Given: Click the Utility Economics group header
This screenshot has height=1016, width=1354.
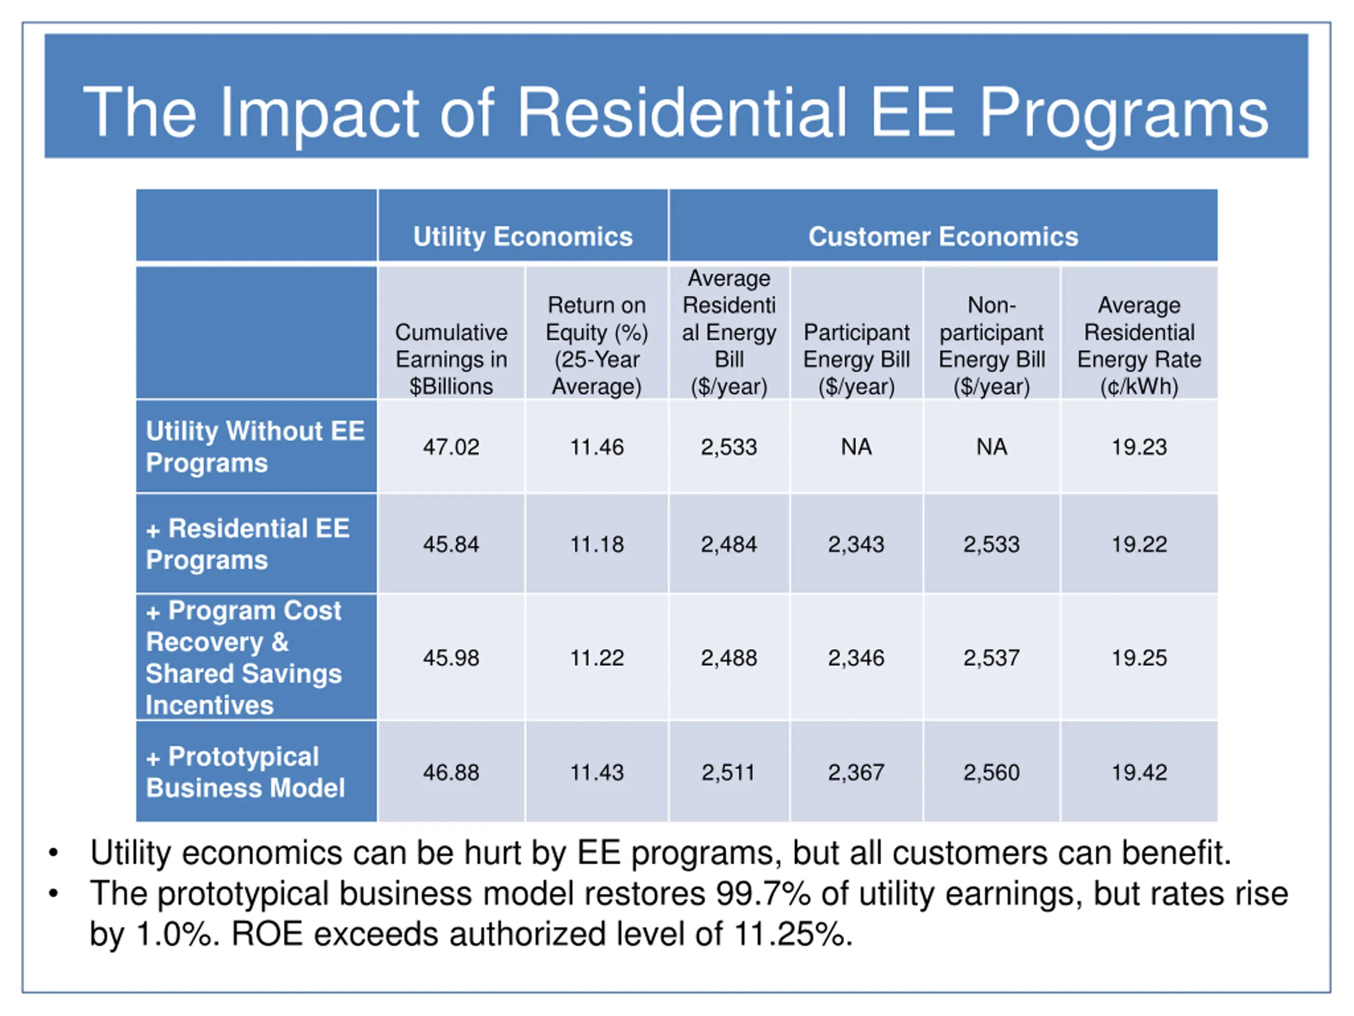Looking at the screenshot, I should [522, 237].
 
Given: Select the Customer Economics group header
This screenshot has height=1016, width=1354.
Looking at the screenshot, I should [943, 237].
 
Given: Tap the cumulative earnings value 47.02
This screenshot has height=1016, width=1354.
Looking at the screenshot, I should [451, 447].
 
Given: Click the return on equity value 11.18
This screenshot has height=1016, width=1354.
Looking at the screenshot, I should [597, 545].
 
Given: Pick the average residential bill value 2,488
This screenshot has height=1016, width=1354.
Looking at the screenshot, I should [728, 658].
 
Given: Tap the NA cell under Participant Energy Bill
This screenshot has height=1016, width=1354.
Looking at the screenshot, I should [856, 447].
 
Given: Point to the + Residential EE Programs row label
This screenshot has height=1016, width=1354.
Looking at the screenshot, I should [248, 545].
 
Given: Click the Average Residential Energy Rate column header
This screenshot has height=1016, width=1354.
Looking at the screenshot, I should [1139, 346].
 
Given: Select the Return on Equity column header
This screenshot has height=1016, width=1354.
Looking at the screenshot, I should [597, 346].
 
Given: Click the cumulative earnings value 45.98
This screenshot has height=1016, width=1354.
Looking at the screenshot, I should [451, 658].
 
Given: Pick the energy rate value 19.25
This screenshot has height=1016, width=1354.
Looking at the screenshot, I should [1139, 658].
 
